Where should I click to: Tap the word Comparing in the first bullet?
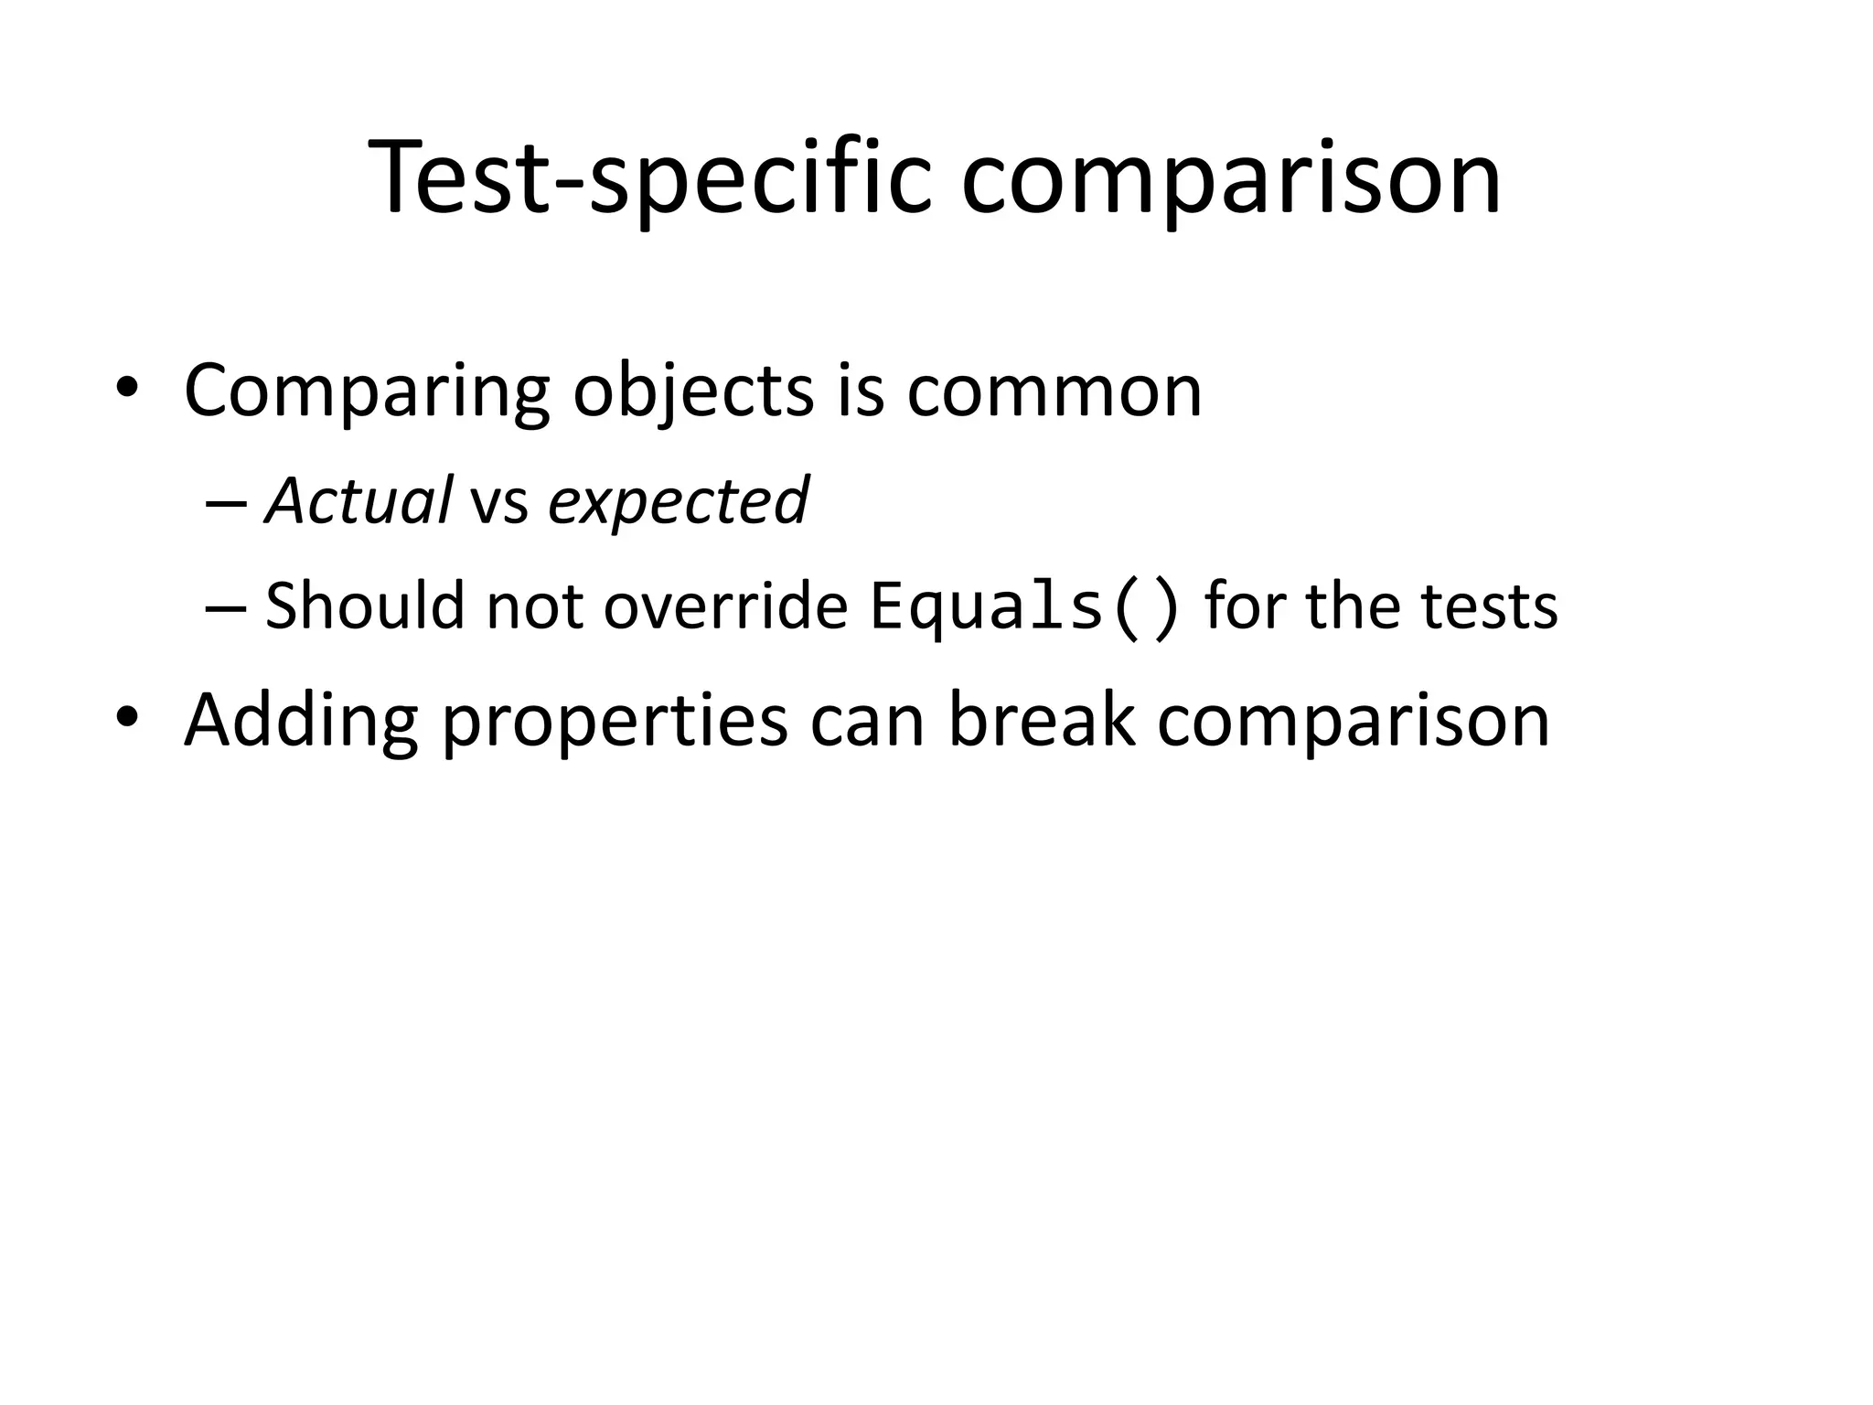[367, 391]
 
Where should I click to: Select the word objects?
[693, 391]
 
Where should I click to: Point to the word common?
[1054, 391]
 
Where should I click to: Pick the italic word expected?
[678, 503]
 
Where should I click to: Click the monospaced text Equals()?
[1024, 606]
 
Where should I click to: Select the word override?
[726, 606]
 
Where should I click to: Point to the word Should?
[365, 606]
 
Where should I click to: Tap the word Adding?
[301, 721]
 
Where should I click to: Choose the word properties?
[615, 721]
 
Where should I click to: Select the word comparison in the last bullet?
[1354, 721]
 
